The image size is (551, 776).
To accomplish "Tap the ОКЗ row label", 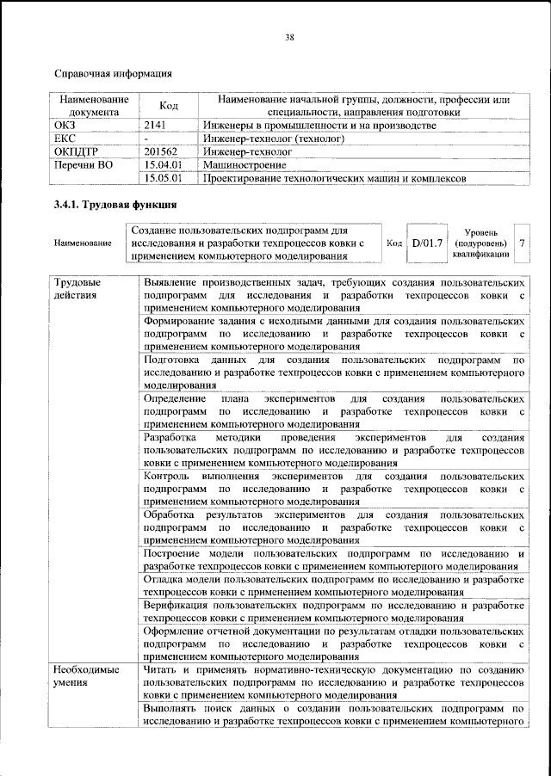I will (x=65, y=126).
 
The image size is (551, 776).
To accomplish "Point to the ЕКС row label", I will (x=65, y=139).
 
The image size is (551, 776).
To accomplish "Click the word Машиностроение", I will (x=245, y=164).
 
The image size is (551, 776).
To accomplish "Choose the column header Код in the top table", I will (x=169, y=106).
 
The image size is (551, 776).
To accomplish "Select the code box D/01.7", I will (x=426, y=243).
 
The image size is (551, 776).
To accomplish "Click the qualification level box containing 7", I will (x=522, y=243).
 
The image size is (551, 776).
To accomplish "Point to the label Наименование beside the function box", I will (x=82, y=244).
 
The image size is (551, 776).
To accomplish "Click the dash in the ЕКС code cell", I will (x=147, y=139).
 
